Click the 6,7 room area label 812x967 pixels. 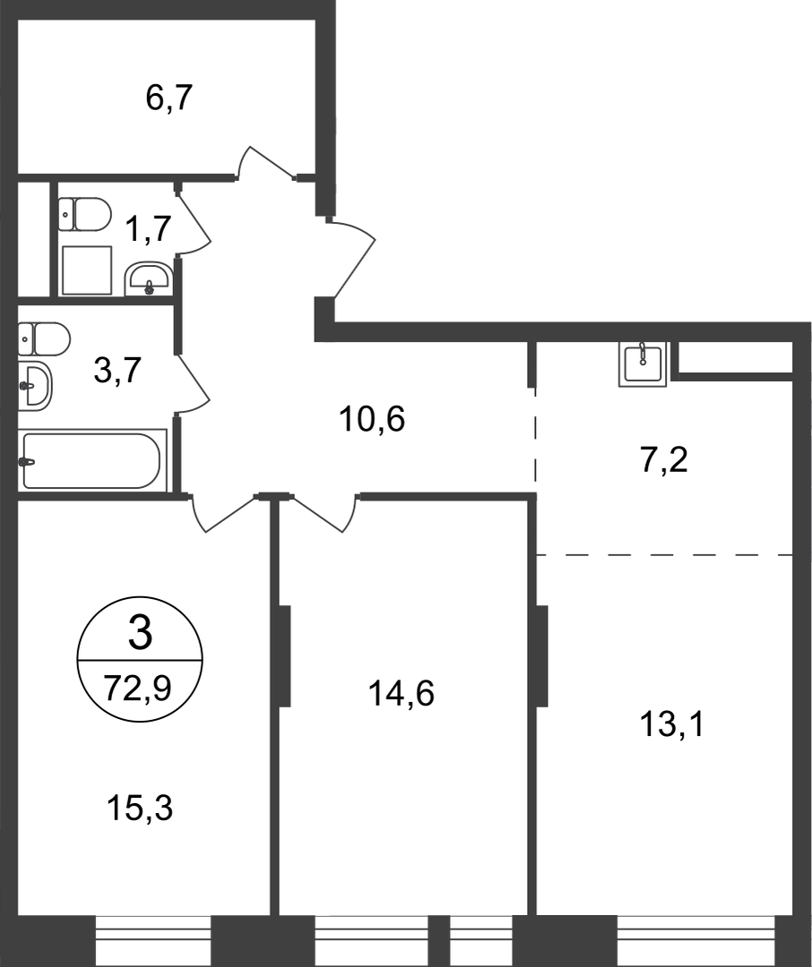coord(169,98)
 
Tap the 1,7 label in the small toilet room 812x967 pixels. coord(148,229)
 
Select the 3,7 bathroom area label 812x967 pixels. coord(118,372)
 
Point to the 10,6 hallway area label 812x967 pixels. coord(372,419)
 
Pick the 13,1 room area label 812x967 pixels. coord(672,724)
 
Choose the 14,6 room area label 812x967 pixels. coord(402,694)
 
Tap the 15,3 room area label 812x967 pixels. coord(140,808)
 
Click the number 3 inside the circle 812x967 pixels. coord(140,634)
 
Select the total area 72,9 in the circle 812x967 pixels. coord(138,689)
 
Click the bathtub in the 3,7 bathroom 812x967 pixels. coord(92,460)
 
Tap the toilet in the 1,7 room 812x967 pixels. coord(85,214)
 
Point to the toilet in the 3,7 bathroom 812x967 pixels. coord(45,338)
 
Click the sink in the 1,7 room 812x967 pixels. coord(149,278)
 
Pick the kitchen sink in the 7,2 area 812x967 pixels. coord(643,364)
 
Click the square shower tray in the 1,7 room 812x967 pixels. coord(87,270)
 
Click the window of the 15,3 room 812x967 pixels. coord(154,940)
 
